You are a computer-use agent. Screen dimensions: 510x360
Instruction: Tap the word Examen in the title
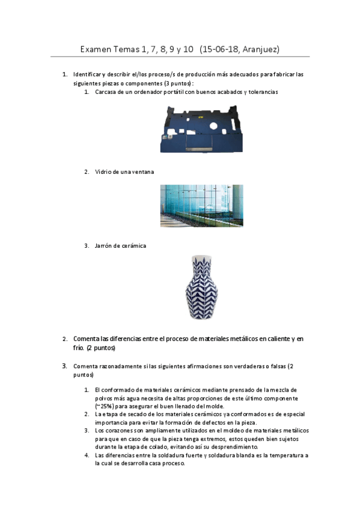99,49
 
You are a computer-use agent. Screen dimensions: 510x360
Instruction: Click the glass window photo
201,206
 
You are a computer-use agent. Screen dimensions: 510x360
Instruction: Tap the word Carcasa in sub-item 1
106,92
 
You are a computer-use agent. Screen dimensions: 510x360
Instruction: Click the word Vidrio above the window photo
103,172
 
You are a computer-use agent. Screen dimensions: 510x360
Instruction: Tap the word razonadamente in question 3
117,366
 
